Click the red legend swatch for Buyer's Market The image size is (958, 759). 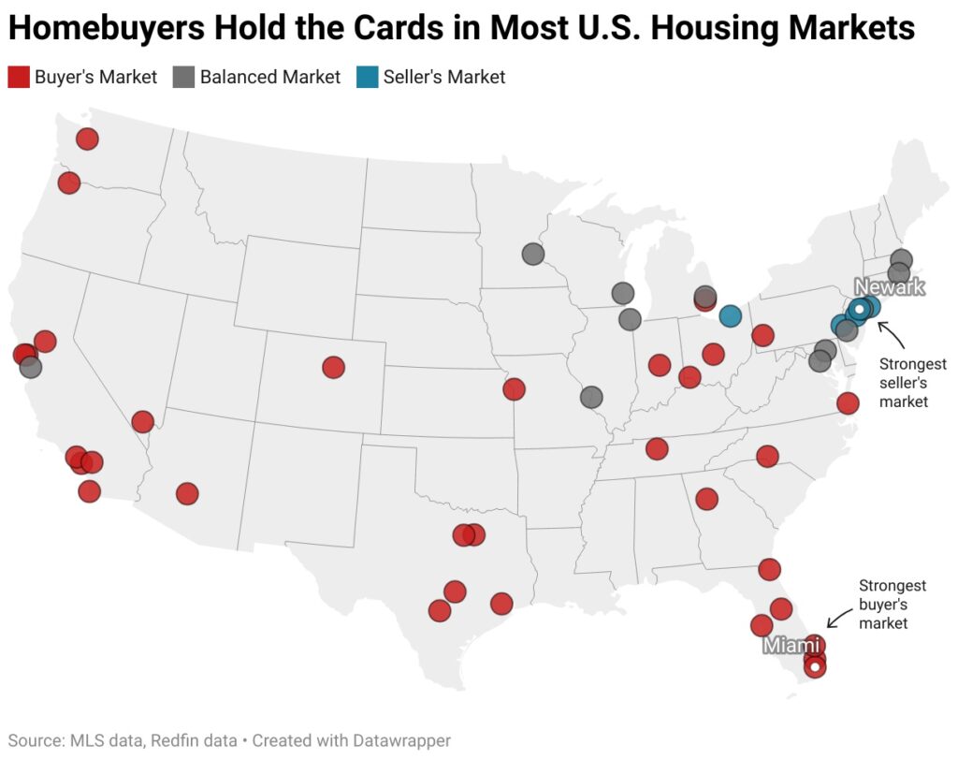click(x=19, y=77)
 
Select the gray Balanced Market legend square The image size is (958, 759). click(x=183, y=77)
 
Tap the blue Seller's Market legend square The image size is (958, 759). click(x=367, y=77)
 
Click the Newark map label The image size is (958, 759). click(x=889, y=287)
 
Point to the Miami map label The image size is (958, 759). click(x=791, y=645)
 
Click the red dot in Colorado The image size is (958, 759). click(x=333, y=367)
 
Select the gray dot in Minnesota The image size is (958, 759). click(x=533, y=254)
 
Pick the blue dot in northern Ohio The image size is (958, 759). click(x=731, y=315)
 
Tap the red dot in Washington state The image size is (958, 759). click(x=87, y=139)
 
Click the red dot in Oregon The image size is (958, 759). click(x=68, y=182)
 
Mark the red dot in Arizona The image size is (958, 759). click(x=187, y=493)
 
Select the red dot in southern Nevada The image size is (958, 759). click(x=142, y=421)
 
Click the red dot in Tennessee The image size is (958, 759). click(x=657, y=449)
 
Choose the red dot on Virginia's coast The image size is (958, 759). click(x=848, y=403)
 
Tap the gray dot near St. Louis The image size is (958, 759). click(x=591, y=397)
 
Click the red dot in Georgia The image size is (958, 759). click(x=707, y=499)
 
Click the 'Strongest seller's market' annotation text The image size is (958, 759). click(x=912, y=382)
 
